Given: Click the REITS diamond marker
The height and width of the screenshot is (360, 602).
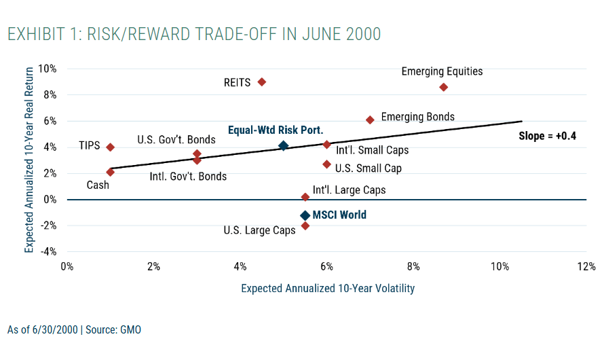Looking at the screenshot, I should (262, 82).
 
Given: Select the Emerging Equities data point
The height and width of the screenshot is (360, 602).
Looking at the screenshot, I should (443, 87).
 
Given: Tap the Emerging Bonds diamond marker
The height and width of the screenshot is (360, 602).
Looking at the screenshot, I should (370, 120).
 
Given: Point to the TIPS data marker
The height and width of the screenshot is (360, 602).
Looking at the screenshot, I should (110, 147).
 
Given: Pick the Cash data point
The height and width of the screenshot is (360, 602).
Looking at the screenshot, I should (110, 172).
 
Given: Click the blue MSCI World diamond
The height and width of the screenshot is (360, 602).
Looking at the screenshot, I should (305, 215).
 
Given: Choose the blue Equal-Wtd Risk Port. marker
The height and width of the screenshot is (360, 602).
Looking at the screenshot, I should (283, 145).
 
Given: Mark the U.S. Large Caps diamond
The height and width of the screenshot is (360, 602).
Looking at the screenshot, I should (305, 226).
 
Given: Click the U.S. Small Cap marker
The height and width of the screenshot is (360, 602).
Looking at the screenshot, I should (326, 164).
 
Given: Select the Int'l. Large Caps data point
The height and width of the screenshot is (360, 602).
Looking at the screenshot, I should (305, 197).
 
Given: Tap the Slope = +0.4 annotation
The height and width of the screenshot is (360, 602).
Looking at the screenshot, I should (547, 136).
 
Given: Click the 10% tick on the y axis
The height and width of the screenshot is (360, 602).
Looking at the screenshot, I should (47, 69).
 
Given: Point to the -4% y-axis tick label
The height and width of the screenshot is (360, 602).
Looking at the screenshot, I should (47, 251).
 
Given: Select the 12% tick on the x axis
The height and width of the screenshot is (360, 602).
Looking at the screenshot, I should (586, 266).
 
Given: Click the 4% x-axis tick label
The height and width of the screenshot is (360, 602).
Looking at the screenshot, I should (240, 266).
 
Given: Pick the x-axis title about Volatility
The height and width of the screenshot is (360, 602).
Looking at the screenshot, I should (328, 288).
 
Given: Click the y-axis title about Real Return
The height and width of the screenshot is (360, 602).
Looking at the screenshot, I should (29, 160).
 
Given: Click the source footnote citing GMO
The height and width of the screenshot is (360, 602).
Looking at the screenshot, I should (75, 330).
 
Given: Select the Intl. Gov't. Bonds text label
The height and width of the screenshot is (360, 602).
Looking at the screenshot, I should (188, 177).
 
